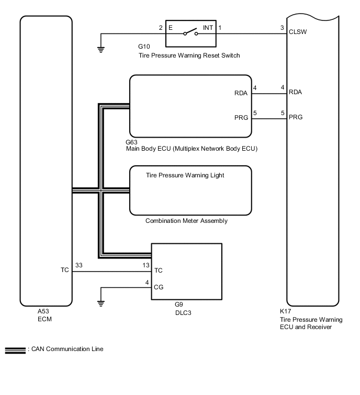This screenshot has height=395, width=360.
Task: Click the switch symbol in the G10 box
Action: pos(190,34)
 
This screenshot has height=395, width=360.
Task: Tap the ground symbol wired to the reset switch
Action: pos(100,50)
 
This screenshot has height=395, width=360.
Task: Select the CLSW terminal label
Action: pos(297,31)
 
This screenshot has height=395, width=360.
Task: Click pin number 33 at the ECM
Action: pos(79,265)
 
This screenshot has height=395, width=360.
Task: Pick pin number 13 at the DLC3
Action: pos(146,265)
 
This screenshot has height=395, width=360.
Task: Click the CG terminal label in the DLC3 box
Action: pos(158,287)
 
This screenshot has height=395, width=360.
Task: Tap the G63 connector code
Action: pos(132,142)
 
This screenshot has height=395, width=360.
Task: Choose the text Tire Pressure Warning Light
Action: pos(185,175)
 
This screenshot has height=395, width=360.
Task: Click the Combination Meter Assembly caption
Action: pos(186,221)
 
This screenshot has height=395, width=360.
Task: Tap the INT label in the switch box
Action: pos(208,27)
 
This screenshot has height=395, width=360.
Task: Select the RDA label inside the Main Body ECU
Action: pos(241,94)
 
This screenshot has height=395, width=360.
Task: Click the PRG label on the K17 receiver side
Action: pos(295,117)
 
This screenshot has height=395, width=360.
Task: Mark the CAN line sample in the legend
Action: pos(14,350)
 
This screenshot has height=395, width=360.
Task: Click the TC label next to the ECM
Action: pos(64,271)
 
